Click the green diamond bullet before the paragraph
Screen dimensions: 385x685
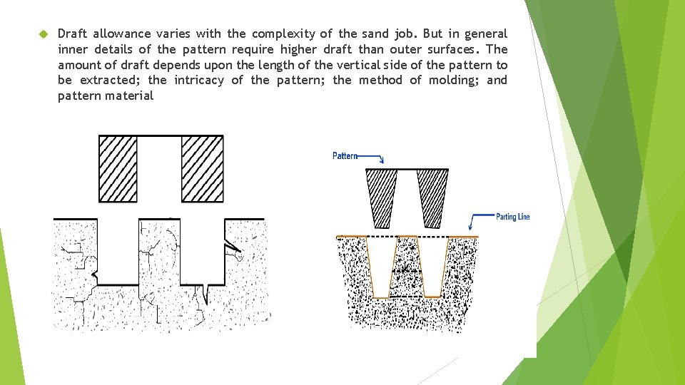click(43, 34)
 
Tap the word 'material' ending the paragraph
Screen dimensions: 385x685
click(129, 96)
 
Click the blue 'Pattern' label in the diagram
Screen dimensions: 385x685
click(345, 155)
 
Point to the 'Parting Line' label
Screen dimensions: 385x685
click(512, 217)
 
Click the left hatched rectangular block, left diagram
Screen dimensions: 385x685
click(118, 169)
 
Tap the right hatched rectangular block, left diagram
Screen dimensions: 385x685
click(202, 169)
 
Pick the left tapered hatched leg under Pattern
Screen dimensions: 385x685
click(382, 197)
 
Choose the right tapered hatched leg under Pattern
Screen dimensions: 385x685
click(432, 197)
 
